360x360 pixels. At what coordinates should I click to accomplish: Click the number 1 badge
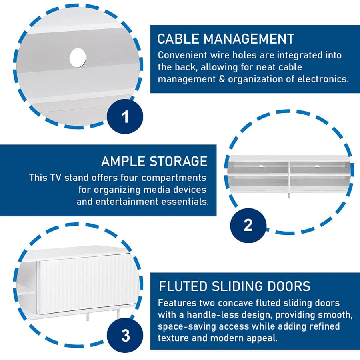pyautogui.click(x=125, y=116)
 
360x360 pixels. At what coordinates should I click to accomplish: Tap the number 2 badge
pyautogui.click(x=248, y=225)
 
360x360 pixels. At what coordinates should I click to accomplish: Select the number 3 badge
pyautogui.click(x=125, y=336)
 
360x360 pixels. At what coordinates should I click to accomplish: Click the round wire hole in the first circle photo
pyautogui.click(x=78, y=58)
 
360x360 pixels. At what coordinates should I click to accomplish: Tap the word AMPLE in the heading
pyautogui.click(x=123, y=161)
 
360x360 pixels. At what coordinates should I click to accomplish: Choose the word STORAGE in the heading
pyautogui.click(x=179, y=161)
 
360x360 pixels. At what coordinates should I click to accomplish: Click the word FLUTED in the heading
pyautogui.click(x=183, y=286)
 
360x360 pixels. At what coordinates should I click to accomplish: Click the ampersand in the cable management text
pyautogui.click(x=222, y=79)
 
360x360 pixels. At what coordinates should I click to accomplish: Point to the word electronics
pyautogui.click(x=323, y=79)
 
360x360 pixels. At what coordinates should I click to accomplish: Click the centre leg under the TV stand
pyautogui.click(x=289, y=196)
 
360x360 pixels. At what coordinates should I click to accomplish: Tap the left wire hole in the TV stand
pyautogui.click(x=261, y=166)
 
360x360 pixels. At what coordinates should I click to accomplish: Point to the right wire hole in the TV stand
pyautogui.click(x=317, y=166)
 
